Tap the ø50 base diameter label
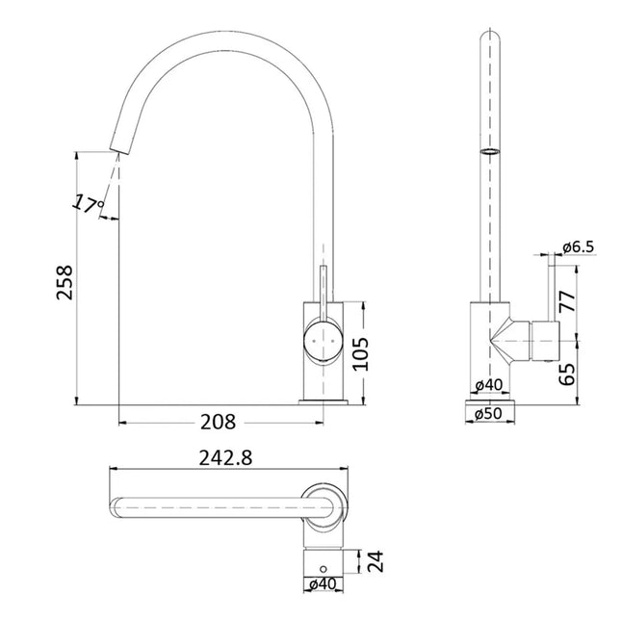[491, 414]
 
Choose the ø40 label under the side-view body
[491, 386]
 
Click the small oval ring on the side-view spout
[491, 152]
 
